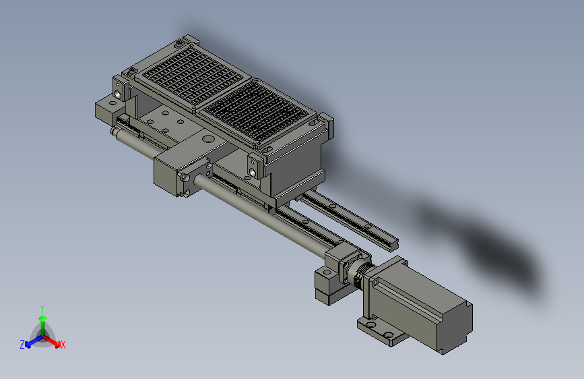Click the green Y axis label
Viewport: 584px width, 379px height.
[42, 308]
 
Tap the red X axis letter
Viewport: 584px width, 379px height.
[63, 345]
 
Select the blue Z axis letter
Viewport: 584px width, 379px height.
[22, 345]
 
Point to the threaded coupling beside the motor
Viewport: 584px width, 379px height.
[360, 272]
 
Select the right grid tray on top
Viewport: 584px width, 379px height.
[257, 112]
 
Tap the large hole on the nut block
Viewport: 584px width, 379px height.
[208, 140]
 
